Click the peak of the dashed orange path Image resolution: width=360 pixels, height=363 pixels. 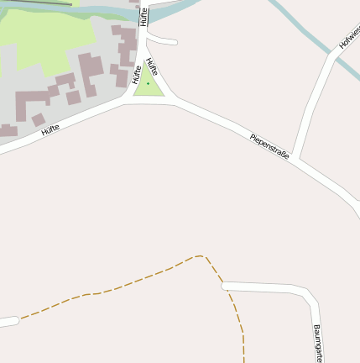pyautogui.click(x=200, y=256)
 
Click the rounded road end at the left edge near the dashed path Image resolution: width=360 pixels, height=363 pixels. pyautogui.click(x=10, y=321)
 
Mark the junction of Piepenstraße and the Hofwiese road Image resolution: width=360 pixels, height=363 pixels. pyautogui.click(x=295, y=159)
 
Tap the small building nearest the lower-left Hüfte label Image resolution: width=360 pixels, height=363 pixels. pyautogui.click(x=39, y=120)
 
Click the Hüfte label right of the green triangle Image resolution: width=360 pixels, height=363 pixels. pyautogui.click(x=152, y=67)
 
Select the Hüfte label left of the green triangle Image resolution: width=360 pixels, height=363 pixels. pyautogui.click(x=135, y=75)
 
